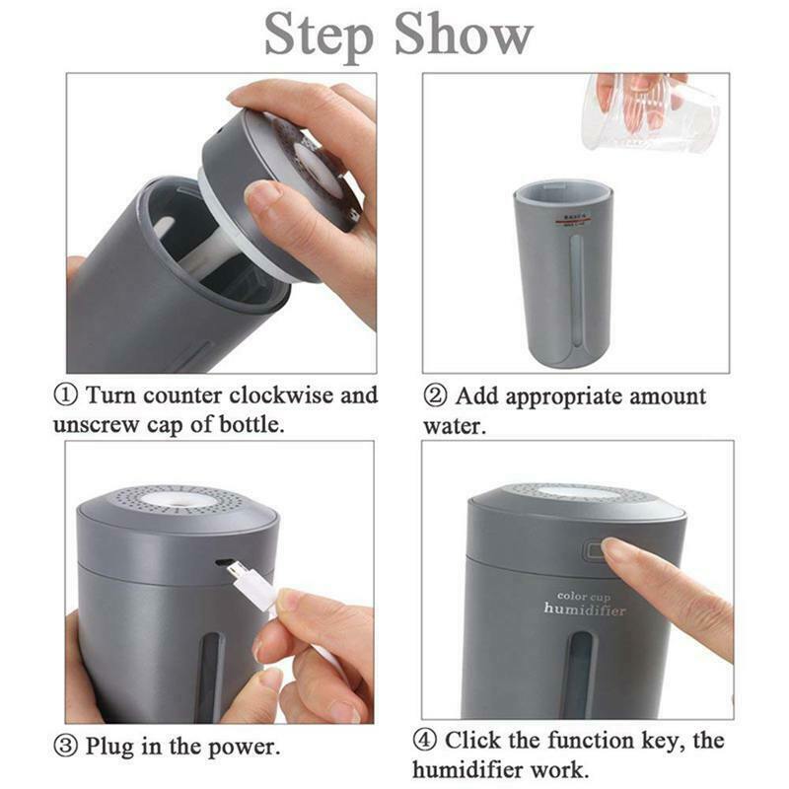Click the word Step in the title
(320, 36)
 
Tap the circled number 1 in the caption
(67, 395)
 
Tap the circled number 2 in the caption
(436, 396)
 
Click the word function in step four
(581, 740)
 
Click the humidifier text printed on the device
(585, 610)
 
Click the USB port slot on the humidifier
(225, 563)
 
